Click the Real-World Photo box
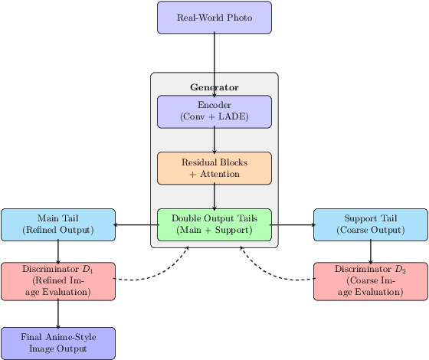(215, 18)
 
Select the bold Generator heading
(215, 87)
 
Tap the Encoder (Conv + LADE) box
(215, 111)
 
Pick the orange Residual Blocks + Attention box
(215, 168)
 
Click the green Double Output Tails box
(215, 224)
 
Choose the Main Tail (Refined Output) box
(58, 224)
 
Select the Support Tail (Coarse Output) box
(371, 224)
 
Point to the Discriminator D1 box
(58, 281)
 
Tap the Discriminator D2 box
(371, 281)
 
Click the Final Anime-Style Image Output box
(58, 343)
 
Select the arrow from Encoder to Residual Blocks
(215, 139)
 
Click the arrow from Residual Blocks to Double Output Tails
(215, 196)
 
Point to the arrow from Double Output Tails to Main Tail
(136, 224)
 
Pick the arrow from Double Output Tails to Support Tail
(293, 224)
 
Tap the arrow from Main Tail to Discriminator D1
(58, 251)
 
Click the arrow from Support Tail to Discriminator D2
(371, 251)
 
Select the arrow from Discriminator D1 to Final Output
(58, 314)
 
